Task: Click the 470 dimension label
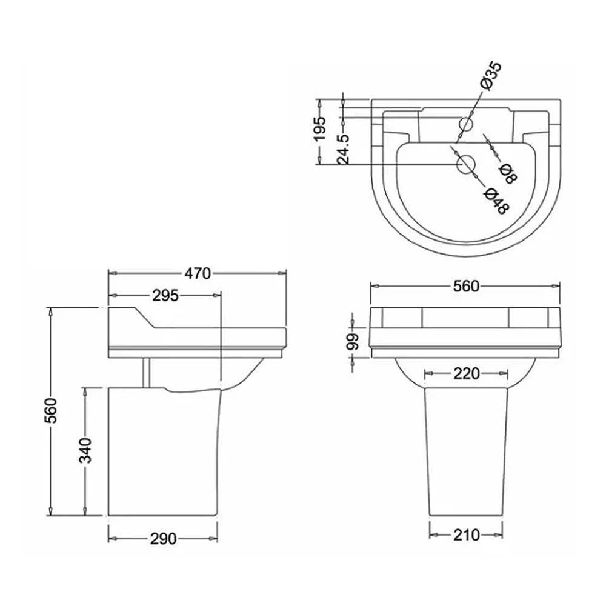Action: [x=198, y=273]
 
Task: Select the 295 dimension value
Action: [x=165, y=295]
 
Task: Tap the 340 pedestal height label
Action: [x=86, y=450]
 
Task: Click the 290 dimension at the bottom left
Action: [x=164, y=538]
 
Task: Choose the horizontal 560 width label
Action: [x=466, y=286]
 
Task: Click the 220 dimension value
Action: [x=467, y=373]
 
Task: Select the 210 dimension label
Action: [x=467, y=534]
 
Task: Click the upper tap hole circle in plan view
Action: [x=467, y=124]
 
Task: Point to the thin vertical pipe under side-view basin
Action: [x=145, y=372]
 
